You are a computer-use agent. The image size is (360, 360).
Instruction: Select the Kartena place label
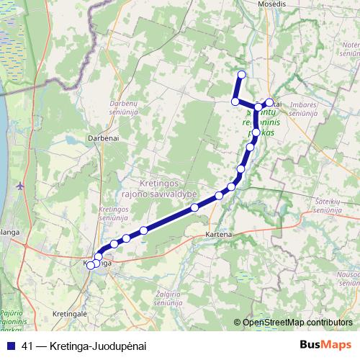pyautogui.click(x=217, y=235)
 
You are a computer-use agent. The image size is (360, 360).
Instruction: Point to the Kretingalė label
pyautogui.click(x=70, y=314)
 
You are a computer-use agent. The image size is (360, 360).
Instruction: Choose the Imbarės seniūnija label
pyautogui.click(x=307, y=109)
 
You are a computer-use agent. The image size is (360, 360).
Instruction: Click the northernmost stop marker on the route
pyautogui.click(x=241, y=75)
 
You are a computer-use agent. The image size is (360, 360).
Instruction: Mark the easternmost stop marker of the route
pyautogui.click(x=269, y=103)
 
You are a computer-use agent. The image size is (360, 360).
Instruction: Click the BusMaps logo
pyautogui.click(x=325, y=346)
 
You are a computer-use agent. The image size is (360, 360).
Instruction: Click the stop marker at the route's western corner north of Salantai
pyautogui.click(x=235, y=102)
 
